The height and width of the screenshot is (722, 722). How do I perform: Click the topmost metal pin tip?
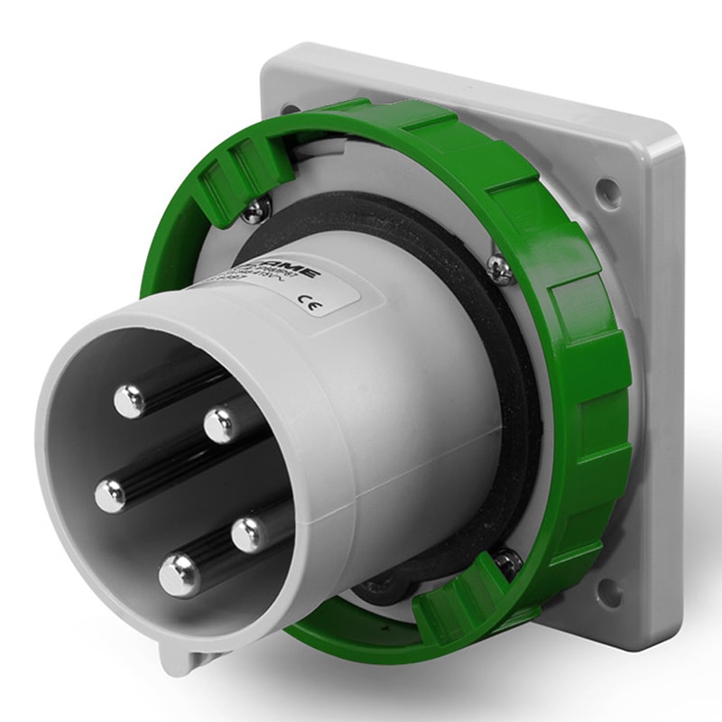tap(130, 400)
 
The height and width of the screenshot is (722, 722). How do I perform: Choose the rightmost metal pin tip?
tap(249, 533)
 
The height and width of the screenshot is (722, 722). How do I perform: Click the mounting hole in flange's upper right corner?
tap(608, 190)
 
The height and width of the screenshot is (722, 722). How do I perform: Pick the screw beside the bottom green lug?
tap(506, 560)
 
